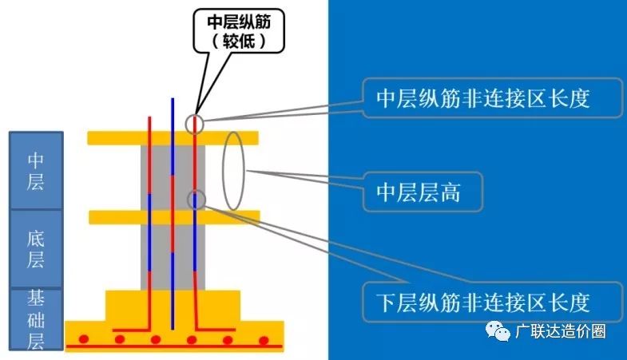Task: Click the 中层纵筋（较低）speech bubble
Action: point(239,31)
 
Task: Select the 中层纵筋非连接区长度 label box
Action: point(493,98)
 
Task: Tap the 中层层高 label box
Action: point(423,192)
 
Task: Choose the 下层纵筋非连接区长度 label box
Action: point(493,302)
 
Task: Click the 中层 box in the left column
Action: point(36,170)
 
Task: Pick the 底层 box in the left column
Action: point(36,248)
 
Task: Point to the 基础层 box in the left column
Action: point(36,319)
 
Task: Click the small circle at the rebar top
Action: point(195,125)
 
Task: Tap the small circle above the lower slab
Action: point(196,200)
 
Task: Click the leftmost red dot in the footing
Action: point(84,339)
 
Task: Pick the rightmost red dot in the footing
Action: point(264,340)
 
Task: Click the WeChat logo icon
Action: point(498,331)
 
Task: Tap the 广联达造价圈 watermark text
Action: point(561,331)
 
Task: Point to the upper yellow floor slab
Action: point(173,138)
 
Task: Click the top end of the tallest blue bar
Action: point(173,98)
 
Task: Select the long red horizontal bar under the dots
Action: point(174,346)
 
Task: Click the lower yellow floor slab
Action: point(174,217)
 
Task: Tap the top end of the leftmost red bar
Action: point(149,117)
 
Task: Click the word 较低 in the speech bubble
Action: point(239,41)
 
